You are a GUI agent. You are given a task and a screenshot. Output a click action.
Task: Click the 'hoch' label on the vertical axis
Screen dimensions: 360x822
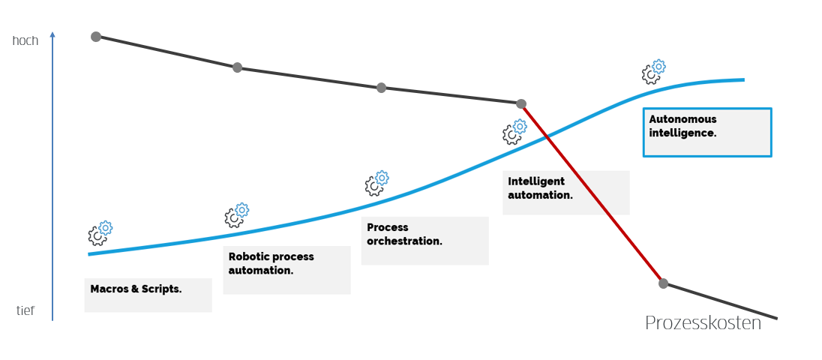25,40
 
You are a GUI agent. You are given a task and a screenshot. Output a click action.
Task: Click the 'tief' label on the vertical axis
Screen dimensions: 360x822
25,310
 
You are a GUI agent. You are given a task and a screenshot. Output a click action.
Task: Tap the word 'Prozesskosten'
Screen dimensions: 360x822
703,323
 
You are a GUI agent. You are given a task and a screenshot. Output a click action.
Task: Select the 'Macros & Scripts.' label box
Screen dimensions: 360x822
148,295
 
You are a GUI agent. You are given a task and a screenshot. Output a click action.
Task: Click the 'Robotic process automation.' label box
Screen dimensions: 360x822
286,269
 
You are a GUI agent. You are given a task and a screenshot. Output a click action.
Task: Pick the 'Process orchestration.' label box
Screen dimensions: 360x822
424,241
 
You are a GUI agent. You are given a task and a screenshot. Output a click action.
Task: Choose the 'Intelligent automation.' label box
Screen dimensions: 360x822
565,193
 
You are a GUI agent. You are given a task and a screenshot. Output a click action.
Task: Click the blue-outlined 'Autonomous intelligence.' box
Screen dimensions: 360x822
706,132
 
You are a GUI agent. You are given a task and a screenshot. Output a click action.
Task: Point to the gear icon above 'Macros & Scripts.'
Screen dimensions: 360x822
100,233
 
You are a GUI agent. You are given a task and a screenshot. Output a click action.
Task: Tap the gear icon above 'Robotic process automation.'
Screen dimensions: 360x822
236,215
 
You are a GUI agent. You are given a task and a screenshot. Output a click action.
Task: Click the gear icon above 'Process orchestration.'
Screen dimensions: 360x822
376,183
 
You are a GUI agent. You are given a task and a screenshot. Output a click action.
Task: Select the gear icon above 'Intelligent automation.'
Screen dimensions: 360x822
514,132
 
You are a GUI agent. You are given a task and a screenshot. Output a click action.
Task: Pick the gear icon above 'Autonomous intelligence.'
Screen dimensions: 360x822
653,71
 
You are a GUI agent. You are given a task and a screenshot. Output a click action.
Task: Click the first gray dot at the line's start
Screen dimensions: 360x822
96,37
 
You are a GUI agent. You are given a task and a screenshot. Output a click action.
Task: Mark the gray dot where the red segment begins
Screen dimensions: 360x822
521,103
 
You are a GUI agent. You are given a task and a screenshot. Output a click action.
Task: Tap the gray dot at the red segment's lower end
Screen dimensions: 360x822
663,283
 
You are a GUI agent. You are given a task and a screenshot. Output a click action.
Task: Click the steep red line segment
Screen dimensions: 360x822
592,193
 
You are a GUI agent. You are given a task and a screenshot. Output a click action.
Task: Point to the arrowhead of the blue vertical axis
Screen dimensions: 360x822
52,34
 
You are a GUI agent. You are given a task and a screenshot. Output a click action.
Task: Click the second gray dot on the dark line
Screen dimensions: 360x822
237,67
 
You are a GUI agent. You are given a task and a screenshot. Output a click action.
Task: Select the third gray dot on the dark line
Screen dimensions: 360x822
381,88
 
